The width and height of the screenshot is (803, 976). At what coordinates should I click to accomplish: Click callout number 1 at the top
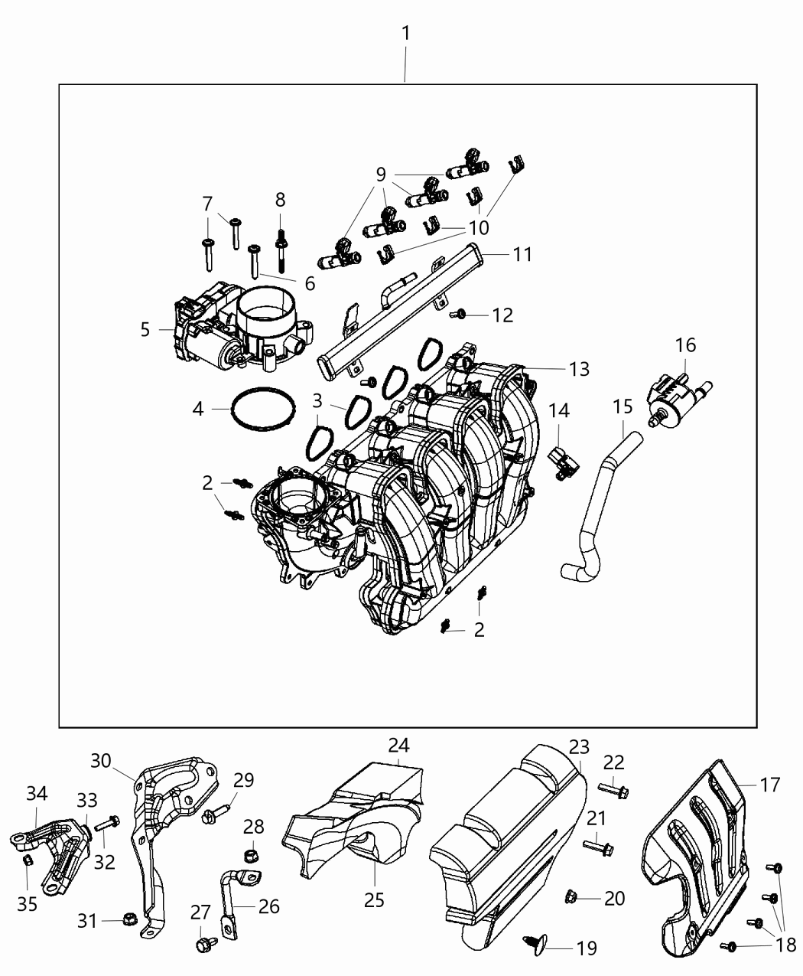coord(406,33)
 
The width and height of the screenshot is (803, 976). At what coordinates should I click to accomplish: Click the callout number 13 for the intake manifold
coord(579,369)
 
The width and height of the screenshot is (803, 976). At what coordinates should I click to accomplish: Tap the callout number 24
coord(398,744)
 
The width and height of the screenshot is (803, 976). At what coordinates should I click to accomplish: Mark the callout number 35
coord(28,904)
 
